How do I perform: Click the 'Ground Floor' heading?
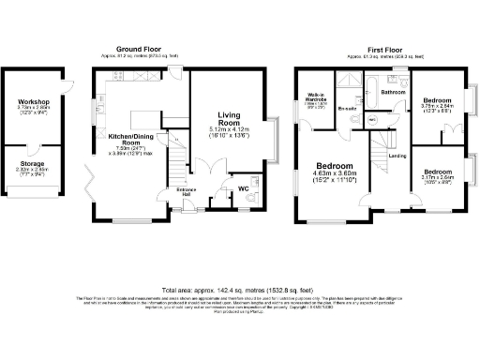pos(139,49)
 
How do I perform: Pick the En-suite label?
pos(347,109)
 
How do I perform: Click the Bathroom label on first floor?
pos(393,93)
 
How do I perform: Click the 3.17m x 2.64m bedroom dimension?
pos(439,178)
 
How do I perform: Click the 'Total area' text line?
pos(239,290)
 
